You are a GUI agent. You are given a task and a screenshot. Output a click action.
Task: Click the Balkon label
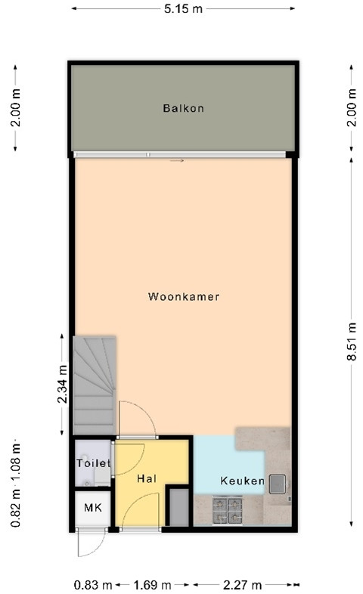[x=183, y=108]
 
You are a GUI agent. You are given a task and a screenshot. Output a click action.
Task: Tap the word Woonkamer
[x=184, y=297]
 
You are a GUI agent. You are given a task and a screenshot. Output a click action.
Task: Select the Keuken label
[x=242, y=481]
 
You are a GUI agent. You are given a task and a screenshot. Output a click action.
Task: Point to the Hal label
[x=146, y=478]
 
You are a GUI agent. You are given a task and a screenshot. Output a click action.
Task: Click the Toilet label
[x=93, y=463]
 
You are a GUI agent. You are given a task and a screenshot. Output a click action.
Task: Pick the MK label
[x=92, y=507]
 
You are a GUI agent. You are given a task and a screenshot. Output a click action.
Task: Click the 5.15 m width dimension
[x=184, y=8]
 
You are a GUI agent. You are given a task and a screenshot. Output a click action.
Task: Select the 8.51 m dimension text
[x=351, y=342]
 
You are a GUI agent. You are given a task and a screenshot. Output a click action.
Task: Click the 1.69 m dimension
[x=151, y=584]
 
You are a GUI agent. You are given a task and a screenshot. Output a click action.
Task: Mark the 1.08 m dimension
[x=15, y=460]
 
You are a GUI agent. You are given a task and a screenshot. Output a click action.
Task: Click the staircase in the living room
[x=94, y=385]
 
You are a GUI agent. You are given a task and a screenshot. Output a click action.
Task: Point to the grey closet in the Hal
[x=178, y=507]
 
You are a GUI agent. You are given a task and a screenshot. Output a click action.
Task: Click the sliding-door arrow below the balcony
[x=177, y=160]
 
